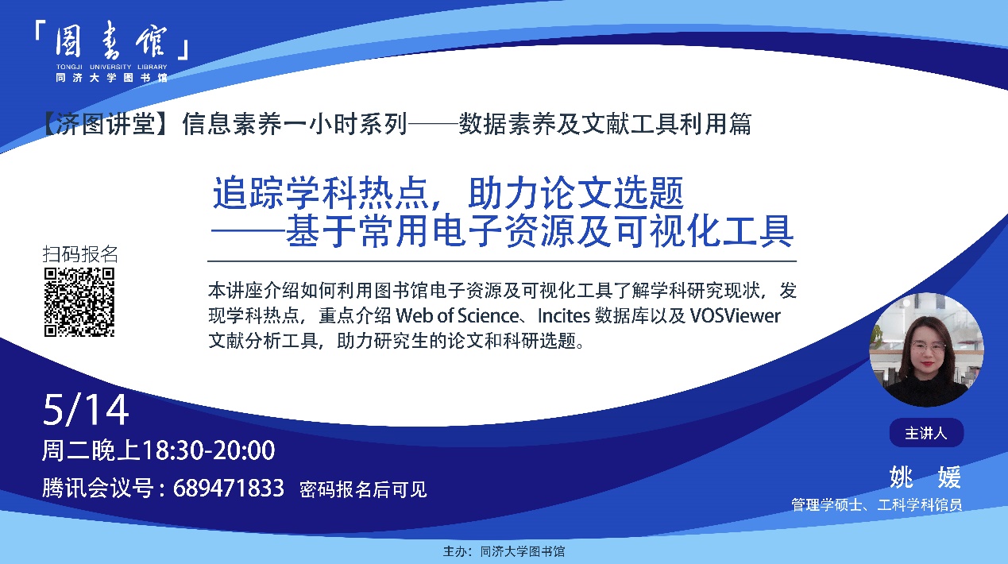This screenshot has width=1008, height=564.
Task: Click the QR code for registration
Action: pos(79,302)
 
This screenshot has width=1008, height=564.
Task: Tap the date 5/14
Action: pos(86,409)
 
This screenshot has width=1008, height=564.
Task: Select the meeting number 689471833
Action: pos(229,488)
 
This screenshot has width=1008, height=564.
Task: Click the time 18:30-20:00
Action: pos(209,450)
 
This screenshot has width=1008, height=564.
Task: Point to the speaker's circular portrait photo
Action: pos(926,350)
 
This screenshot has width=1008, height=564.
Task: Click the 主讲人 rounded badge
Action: pos(926,433)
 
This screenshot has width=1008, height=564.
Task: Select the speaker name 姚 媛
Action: pos(925,477)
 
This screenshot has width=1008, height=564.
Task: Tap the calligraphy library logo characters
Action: pos(110,41)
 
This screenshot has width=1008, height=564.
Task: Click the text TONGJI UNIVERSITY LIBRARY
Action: pos(111,67)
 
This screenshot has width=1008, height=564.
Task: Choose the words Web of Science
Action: pos(458,315)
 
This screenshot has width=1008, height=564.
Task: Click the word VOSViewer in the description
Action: pos(735,315)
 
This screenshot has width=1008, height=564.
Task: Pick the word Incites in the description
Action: pos(564,315)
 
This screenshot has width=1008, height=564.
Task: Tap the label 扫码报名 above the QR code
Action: pos(80,254)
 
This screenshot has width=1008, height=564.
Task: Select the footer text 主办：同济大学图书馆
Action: pos(504,551)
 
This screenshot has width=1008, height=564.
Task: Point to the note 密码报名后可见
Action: pos(363,489)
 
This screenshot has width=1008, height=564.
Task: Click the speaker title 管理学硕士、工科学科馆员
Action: pos(877,504)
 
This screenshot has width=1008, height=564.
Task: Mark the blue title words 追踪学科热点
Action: pos(320,193)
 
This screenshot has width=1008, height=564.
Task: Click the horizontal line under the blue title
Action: pos(502,261)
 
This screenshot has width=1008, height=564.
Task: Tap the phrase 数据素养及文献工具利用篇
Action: pos(604,124)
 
